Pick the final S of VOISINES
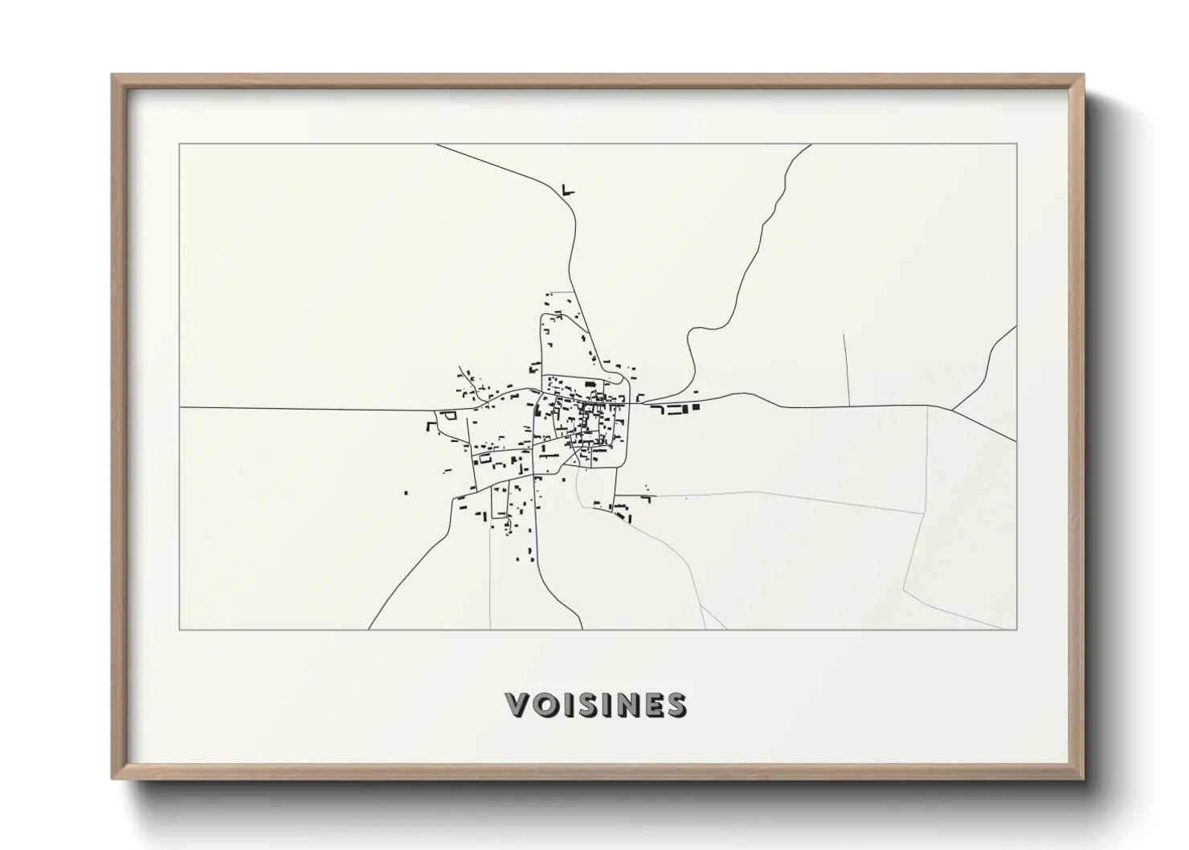coord(675,705)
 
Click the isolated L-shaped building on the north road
coord(568,190)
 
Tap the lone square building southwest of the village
coord(405,492)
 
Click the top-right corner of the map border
coord(1016,144)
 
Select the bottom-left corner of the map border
coord(180,629)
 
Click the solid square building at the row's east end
coord(696,408)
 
